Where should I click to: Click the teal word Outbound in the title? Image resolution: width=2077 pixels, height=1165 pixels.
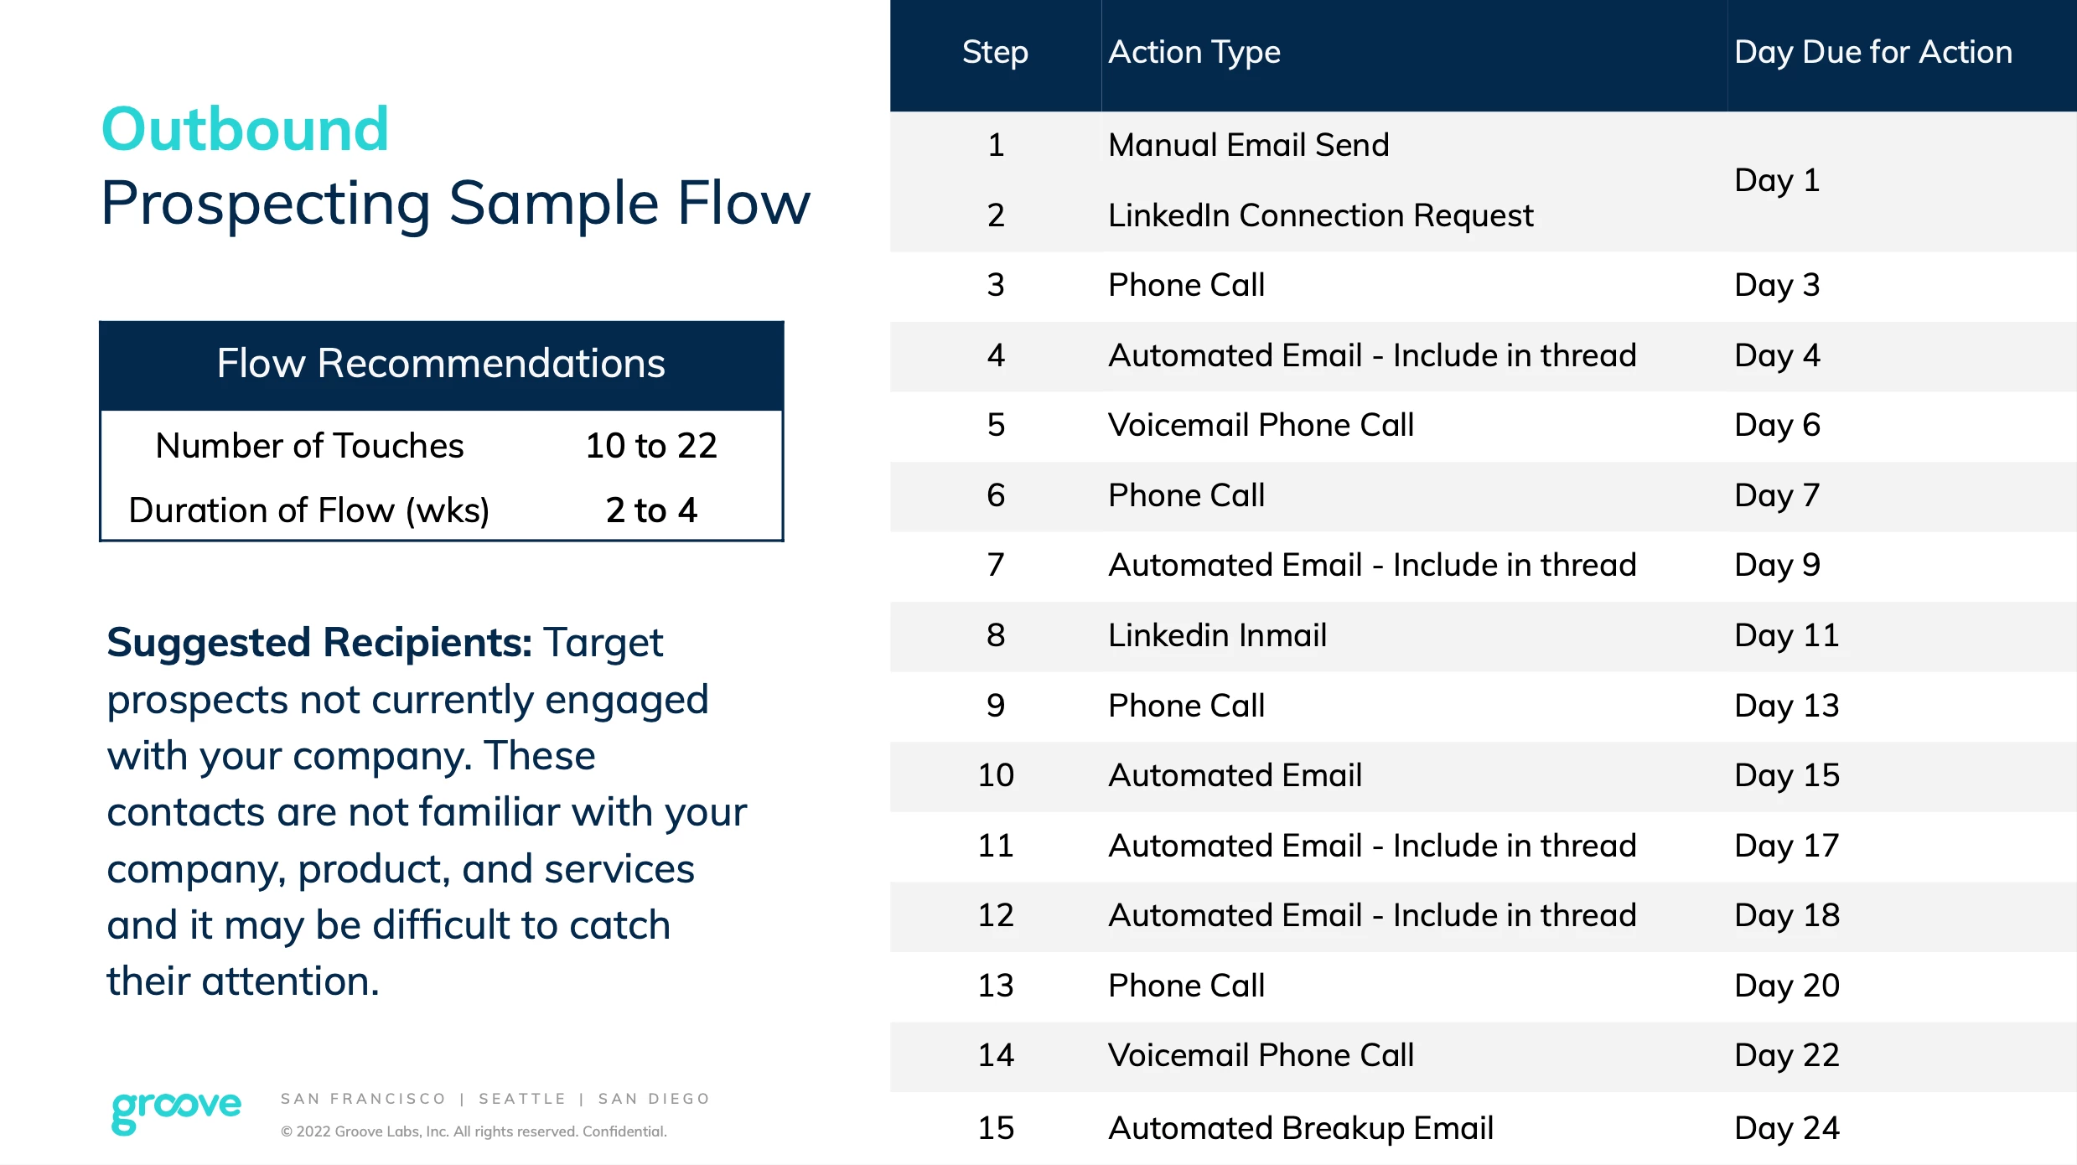tap(245, 130)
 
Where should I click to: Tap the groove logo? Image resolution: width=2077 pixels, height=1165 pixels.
tap(176, 1111)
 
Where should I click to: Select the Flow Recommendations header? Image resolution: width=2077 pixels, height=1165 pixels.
tap(441, 364)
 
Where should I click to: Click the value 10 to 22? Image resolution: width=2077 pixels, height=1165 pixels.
tap(651, 446)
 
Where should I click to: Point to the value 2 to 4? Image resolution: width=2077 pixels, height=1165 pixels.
tap(651, 510)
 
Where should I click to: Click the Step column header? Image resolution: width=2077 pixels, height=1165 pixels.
tap(995, 53)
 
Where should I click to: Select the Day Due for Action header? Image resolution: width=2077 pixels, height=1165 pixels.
tap(1873, 52)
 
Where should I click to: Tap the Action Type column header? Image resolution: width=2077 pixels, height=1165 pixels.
tap(1194, 53)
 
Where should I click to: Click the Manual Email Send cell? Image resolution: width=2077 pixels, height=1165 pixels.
tap(1249, 145)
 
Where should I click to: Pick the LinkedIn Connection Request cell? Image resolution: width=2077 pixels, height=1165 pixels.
tap(1321, 215)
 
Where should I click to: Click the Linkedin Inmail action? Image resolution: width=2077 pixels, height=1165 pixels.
tap(1217, 635)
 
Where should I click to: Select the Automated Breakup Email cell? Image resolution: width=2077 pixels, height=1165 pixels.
tap(1301, 1128)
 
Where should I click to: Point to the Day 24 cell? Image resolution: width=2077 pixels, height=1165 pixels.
tap(1787, 1128)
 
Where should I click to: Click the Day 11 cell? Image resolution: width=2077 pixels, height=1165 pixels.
tap(1787, 635)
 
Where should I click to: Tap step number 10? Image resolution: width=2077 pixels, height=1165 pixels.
tap(996, 775)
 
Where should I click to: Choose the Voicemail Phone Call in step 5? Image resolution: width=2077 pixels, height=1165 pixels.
tap(1261, 425)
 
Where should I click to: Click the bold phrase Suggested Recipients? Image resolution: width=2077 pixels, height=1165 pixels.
tap(319, 644)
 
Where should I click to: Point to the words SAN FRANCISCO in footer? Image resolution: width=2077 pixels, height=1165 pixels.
tap(363, 1099)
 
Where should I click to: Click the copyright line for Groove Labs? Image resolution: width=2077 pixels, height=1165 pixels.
tap(474, 1131)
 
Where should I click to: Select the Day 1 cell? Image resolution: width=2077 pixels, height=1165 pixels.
tap(1777, 180)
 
